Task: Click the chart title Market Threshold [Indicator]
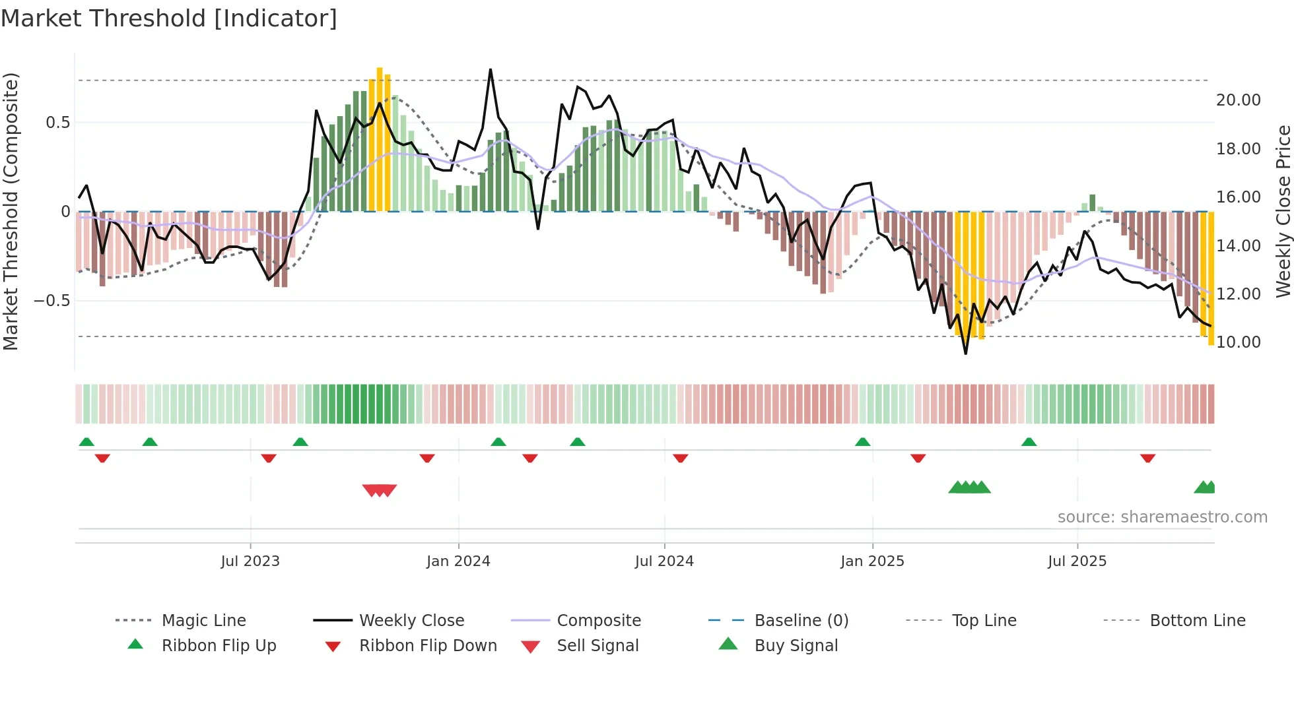[169, 18]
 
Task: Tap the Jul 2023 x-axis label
[250, 561]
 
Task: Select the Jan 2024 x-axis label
[458, 561]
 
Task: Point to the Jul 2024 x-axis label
[664, 561]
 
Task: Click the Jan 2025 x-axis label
[872, 561]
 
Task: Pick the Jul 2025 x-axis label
[1077, 561]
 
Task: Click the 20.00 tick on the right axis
[1238, 100]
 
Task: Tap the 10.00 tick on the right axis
[1238, 342]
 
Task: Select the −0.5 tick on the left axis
[52, 301]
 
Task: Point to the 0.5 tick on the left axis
[58, 123]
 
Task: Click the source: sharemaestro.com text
[1162, 517]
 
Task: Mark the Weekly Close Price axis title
[1283, 211]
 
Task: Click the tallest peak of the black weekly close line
[491, 70]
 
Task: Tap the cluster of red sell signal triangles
[380, 490]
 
